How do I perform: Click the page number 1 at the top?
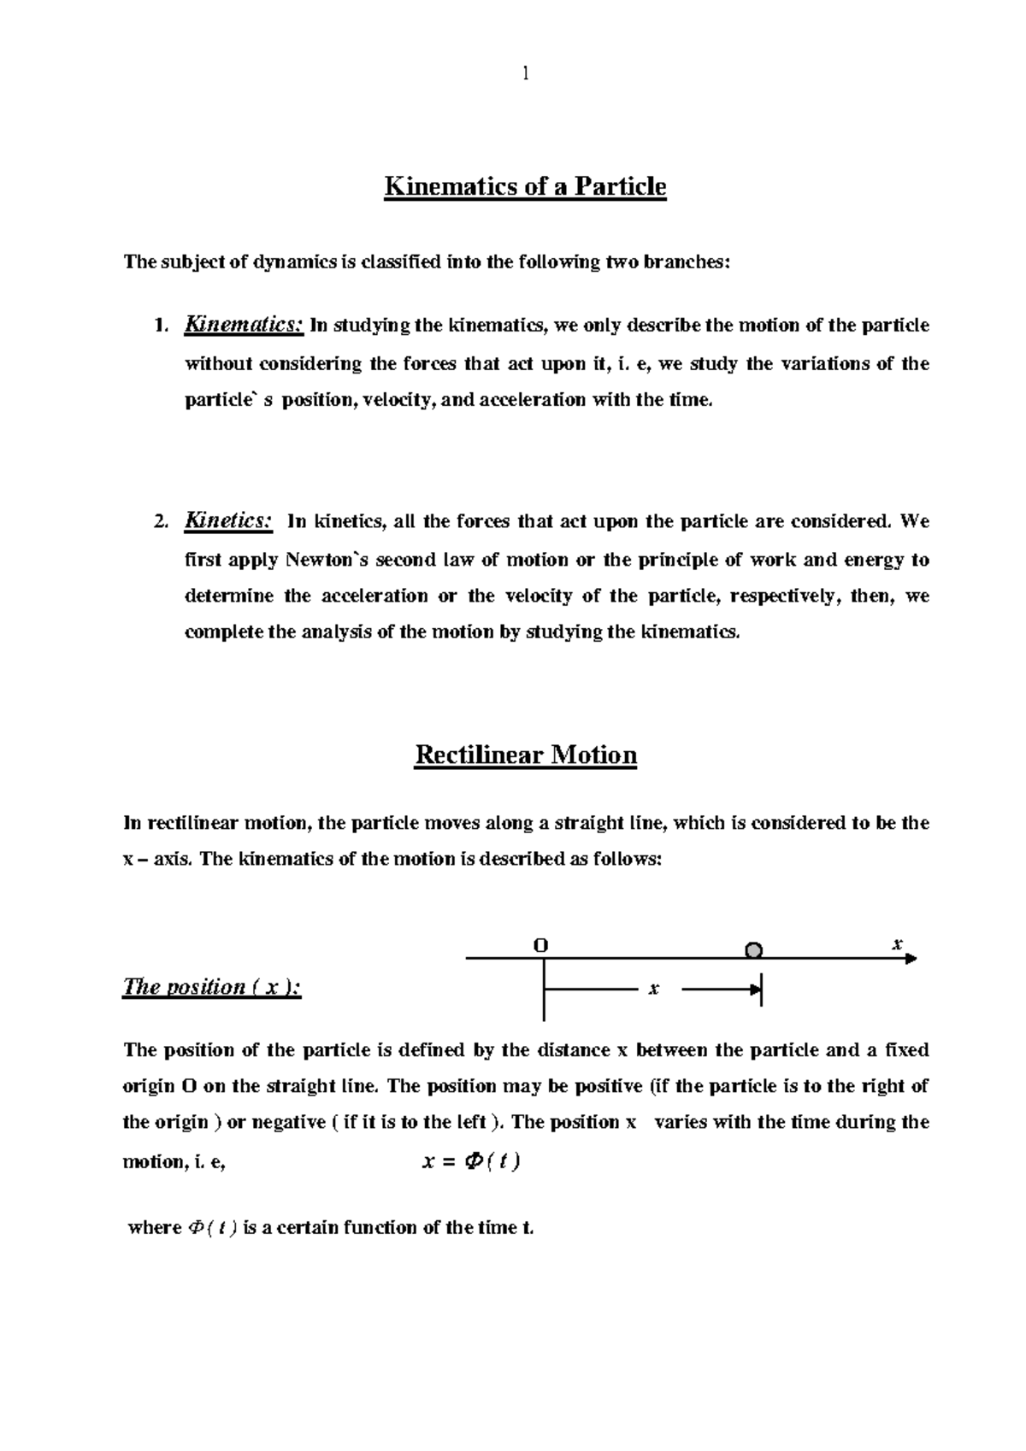pyautogui.click(x=526, y=74)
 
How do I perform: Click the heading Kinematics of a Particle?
pyautogui.click(x=525, y=186)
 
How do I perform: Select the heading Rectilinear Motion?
pyautogui.click(x=525, y=755)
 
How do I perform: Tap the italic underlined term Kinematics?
pyautogui.click(x=245, y=326)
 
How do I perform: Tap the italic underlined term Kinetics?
pyautogui.click(x=229, y=520)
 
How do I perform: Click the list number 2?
pyautogui.click(x=161, y=522)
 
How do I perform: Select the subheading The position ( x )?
pyautogui.click(x=212, y=988)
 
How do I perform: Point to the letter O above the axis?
pyautogui.click(x=540, y=945)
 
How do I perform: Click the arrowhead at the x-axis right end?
pyautogui.click(x=911, y=959)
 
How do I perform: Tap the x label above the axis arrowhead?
pyautogui.click(x=897, y=944)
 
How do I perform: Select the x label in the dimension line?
pyautogui.click(x=653, y=990)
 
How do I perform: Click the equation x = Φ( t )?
pyautogui.click(x=472, y=1162)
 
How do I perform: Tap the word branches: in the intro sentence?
pyautogui.click(x=693, y=262)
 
